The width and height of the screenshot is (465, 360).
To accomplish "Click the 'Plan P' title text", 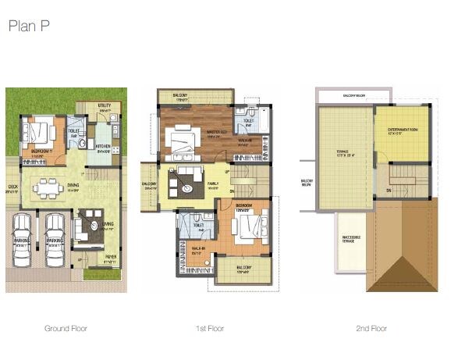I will pyautogui.click(x=30, y=26).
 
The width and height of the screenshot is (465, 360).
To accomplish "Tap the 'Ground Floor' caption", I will pyautogui.click(x=66, y=329).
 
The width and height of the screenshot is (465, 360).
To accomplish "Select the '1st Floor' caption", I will pyautogui.click(x=210, y=329).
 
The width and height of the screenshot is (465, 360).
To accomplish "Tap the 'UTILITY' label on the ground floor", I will pyautogui.click(x=105, y=105).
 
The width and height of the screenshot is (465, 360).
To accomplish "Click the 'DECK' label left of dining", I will pyautogui.click(x=12, y=187).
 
